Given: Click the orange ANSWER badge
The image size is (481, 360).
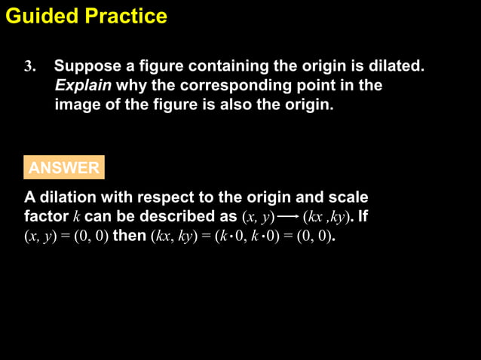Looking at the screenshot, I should point(64,168).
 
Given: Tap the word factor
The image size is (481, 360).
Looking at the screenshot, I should point(46,217).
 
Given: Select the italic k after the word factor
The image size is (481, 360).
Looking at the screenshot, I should point(76,218).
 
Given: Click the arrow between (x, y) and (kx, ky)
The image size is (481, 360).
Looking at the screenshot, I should point(287,218).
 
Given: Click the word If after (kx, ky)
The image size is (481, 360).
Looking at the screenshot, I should point(362,217).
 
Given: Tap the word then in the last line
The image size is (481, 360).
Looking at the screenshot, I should point(130,236).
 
